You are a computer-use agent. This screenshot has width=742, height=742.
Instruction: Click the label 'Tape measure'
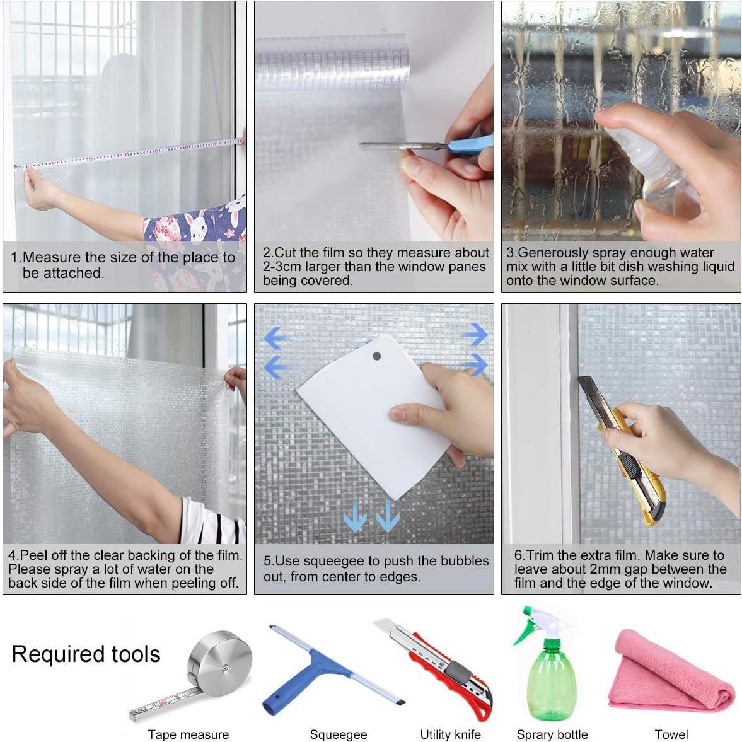click(x=188, y=734)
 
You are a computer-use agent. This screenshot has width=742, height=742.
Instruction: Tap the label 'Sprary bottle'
click(x=552, y=734)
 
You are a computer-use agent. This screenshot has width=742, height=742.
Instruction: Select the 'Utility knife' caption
click(x=450, y=734)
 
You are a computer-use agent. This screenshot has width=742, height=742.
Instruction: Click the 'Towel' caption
click(x=671, y=734)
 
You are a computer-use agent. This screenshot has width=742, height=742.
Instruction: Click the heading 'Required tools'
click(x=86, y=654)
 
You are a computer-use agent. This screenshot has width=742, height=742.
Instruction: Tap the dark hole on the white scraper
click(x=377, y=356)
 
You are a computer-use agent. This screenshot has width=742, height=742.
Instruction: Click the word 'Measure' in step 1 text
click(x=52, y=258)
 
